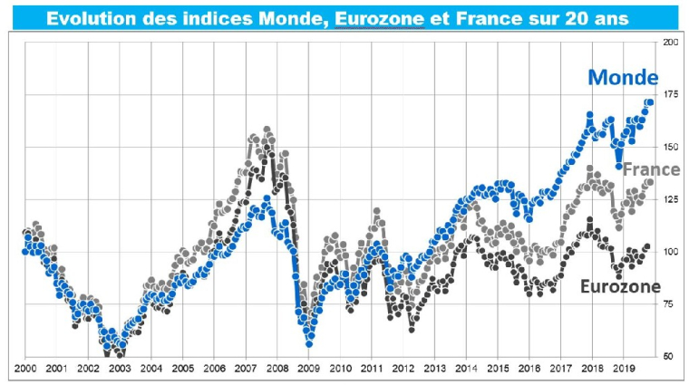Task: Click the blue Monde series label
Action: coord(624,78)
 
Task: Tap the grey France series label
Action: coord(650,169)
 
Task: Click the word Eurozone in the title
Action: coord(379,17)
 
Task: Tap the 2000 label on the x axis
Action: coord(24,370)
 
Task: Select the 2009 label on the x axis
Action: coord(308,370)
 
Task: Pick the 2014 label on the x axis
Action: coord(466,370)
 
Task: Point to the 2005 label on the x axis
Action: coord(182,370)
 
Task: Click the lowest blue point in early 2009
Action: coord(309,343)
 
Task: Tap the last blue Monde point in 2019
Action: coord(649,102)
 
